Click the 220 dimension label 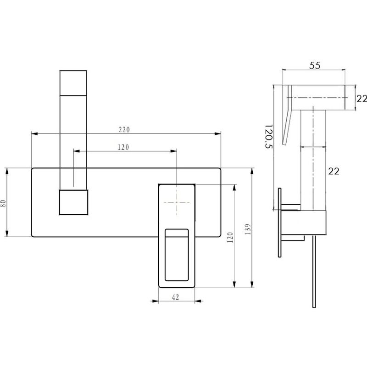(x=124, y=129)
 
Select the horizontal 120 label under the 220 (x=123, y=147)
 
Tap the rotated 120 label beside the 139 (x=230, y=237)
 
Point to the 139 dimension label (x=247, y=229)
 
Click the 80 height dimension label (x=3, y=203)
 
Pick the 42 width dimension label (x=176, y=297)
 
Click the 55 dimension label (x=315, y=66)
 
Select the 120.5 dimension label (x=268, y=136)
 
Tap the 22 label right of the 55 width (x=361, y=99)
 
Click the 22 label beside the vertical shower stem (x=334, y=171)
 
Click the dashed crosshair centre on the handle (x=177, y=202)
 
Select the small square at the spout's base (x=73, y=202)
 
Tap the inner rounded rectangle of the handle (x=177, y=255)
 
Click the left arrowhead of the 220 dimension (x=34, y=133)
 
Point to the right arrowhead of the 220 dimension (x=217, y=133)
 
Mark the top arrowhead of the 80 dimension (x=7, y=171)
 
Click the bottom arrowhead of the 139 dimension (x=252, y=284)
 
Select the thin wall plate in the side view (x=279, y=222)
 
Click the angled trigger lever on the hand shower (x=288, y=115)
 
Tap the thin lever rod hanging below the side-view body (x=314, y=272)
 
